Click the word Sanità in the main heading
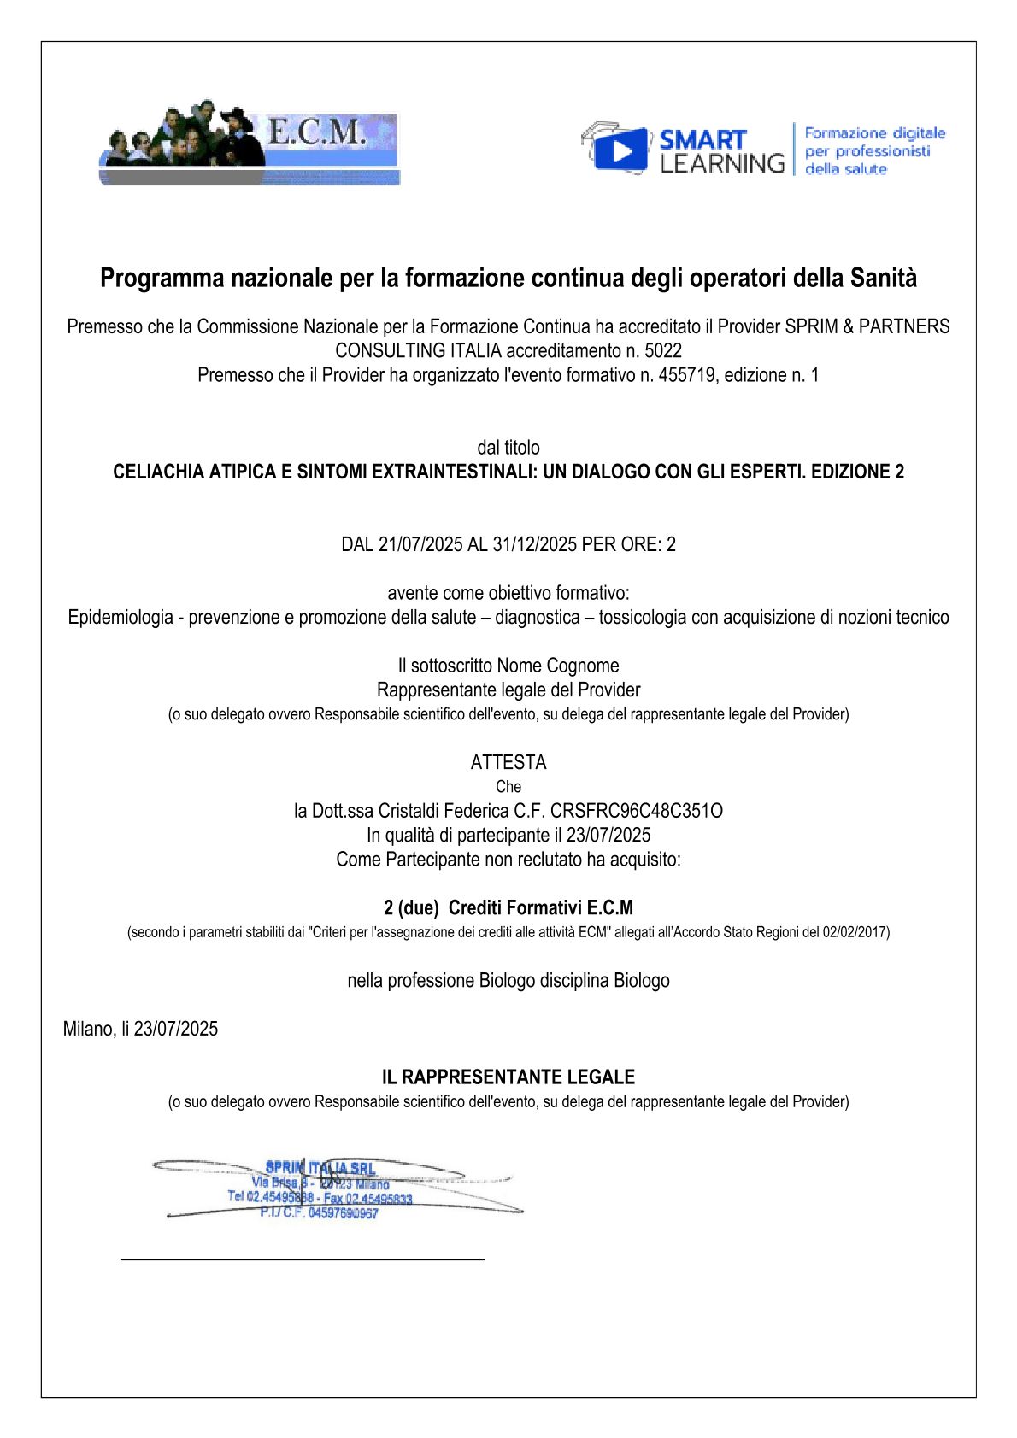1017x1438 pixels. point(884,279)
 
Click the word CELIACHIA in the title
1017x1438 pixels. point(158,472)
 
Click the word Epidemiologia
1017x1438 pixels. point(121,617)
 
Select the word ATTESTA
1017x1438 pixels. point(508,762)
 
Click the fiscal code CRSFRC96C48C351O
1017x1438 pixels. point(637,811)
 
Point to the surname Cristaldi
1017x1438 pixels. point(409,811)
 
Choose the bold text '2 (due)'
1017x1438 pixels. point(411,907)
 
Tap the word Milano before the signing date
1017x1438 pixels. point(88,1029)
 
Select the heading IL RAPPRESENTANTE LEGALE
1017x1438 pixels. point(508,1077)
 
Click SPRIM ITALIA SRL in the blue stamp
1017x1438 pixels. point(320,1167)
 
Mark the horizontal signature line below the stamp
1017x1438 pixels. point(303,1259)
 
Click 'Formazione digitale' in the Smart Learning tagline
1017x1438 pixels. point(875,133)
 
